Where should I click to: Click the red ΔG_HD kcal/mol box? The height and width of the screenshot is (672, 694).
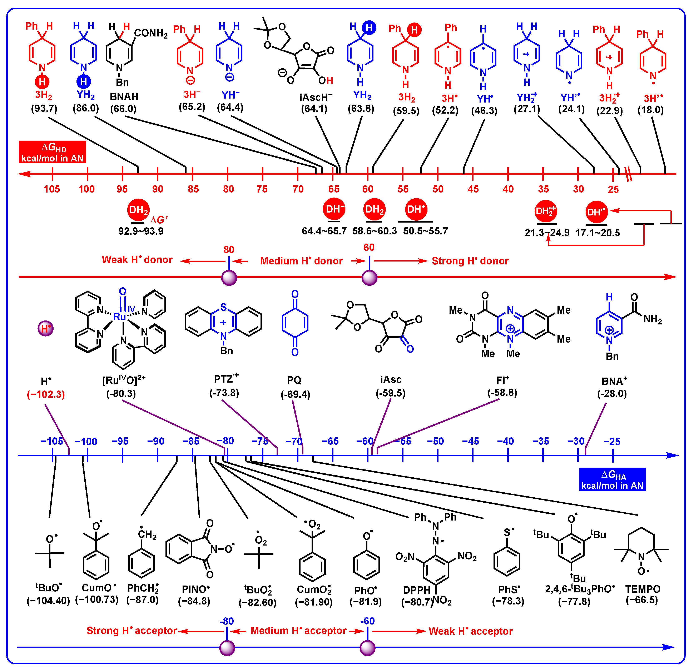(52, 152)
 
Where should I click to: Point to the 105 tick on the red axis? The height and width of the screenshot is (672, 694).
(52, 174)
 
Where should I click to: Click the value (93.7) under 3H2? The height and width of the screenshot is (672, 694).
(44, 108)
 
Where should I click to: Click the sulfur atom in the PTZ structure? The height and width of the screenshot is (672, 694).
(223, 307)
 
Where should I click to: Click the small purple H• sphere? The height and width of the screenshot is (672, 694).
(45, 329)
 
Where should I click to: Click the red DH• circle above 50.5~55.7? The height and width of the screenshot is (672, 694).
(416, 209)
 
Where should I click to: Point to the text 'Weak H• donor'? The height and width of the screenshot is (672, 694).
(137, 260)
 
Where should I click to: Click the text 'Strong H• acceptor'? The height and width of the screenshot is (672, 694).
(132, 631)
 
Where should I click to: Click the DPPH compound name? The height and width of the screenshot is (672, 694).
(417, 590)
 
